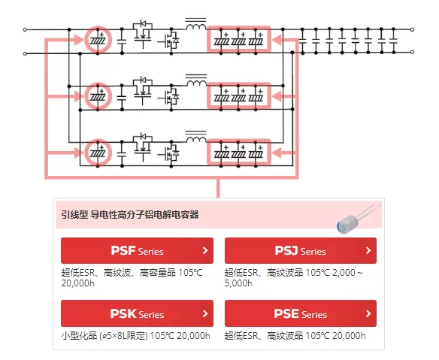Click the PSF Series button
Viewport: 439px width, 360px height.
pyautogui.click(x=137, y=250)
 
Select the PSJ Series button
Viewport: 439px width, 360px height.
pyautogui.click(x=301, y=250)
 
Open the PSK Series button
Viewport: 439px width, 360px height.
pyautogui.click(x=137, y=313)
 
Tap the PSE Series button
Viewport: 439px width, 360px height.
pyautogui.click(x=301, y=313)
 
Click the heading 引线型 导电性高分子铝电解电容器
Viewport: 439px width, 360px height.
pyautogui.click(x=130, y=215)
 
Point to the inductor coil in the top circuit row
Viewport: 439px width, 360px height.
pyautogui.click(x=196, y=26)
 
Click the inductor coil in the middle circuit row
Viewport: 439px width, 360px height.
pyautogui.click(x=196, y=83)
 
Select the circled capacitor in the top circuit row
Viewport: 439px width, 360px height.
pyautogui.click(x=98, y=40)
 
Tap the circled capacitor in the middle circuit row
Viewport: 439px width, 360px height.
pyautogui.click(x=98, y=96)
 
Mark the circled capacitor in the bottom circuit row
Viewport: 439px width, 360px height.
pyautogui.click(x=98, y=153)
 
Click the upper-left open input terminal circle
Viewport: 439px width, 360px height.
pyautogui.click(x=25, y=29)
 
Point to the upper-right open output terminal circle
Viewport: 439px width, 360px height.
pyautogui.click(x=412, y=29)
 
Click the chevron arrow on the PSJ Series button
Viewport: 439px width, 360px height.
pyautogui.click(x=368, y=250)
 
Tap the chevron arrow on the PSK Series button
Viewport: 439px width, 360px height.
pyautogui.click(x=205, y=313)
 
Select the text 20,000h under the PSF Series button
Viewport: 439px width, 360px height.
pyautogui.click(x=78, y=283)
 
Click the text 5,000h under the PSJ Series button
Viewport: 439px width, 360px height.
pyautogui.click(x=238, y=283)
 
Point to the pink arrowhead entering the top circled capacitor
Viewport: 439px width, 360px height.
pyautogui.click(x=79, y=40)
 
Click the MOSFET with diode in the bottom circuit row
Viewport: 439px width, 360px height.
pyautogui.click(x=171, y=153)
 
